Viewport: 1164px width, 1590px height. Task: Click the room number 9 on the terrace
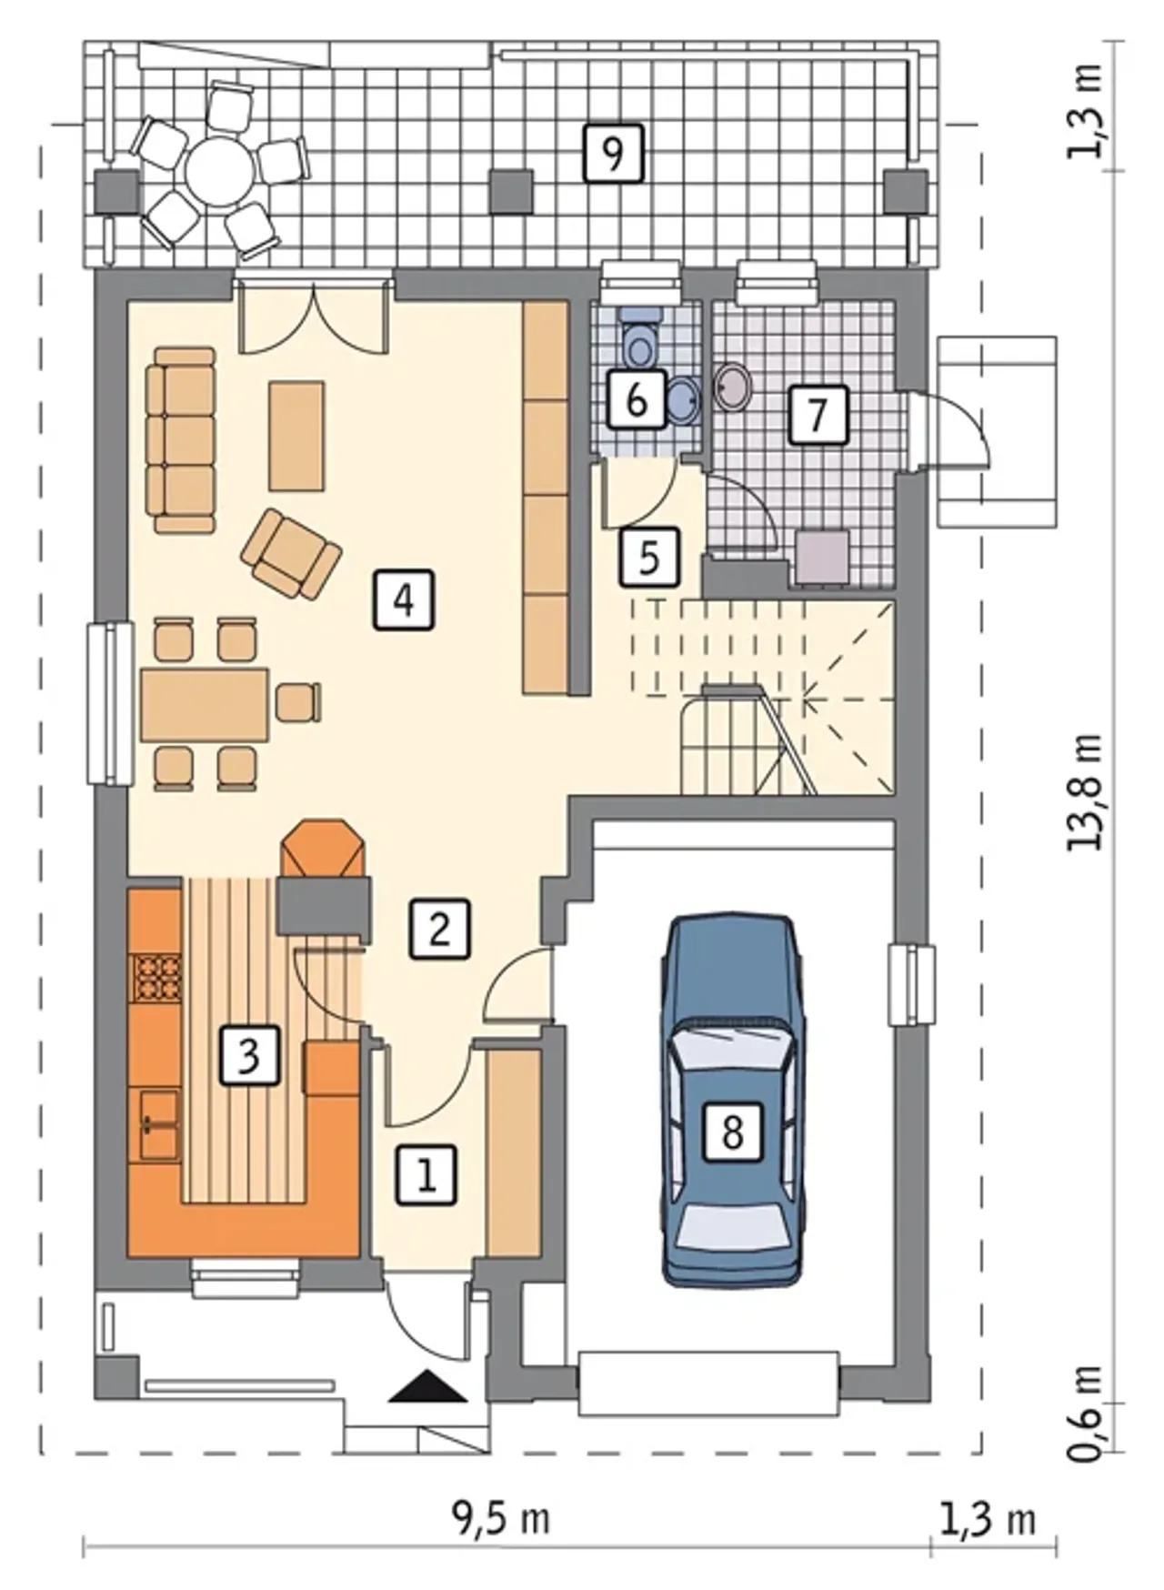click(x=613, y=153)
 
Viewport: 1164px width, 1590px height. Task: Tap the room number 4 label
click(x=404, y=599)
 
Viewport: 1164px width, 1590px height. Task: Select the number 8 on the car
click(x=732, y=1132)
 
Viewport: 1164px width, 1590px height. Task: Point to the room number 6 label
click(x=637, y=398)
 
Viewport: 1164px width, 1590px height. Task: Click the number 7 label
click(x=818, y=415)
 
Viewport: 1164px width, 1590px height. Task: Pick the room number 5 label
click(x=649, y=556)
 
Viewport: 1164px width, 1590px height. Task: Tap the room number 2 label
click(x=440, y=929)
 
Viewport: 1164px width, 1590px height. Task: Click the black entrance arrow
click(x=426, y=1386)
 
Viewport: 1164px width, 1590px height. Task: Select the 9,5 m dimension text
click(x=501, y=1518)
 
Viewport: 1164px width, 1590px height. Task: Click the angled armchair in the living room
click(x=291, y=553)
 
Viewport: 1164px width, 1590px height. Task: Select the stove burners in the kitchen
click(x=156, y=977)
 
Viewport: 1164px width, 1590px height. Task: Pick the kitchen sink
click(x=158, y=1124)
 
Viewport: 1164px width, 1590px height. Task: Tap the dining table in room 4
click(x=205, y=705)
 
